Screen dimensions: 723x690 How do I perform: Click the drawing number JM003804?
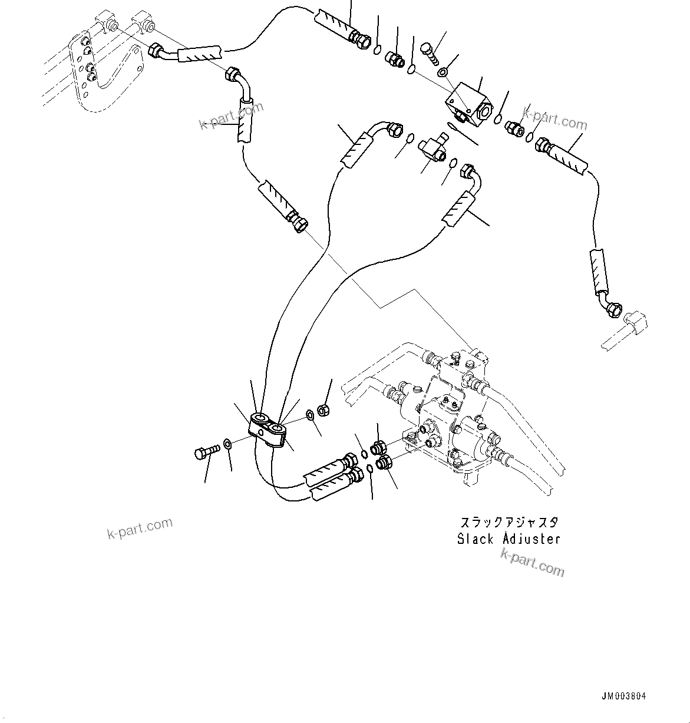point(624,696)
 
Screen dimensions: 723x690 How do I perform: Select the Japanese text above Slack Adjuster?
point(509,523)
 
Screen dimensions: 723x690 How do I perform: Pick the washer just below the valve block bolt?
point(442,73)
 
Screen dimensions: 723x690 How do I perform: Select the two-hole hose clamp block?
point(268,429)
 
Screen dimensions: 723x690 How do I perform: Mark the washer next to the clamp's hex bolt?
point(227,443)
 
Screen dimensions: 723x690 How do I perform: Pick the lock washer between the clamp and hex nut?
point(310,417)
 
